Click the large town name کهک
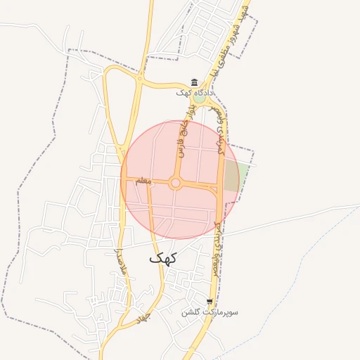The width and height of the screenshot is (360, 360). (163, 258)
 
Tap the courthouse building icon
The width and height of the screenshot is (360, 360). (195, 82)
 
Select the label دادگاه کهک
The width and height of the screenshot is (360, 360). (195, 92)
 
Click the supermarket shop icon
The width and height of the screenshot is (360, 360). (209, 301)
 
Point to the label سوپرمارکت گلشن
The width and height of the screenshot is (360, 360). (210, 311)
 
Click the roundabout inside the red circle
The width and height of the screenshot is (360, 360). (175, 184)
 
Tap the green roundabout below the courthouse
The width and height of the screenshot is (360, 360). (200, 98)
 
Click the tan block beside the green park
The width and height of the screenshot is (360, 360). (231, 176)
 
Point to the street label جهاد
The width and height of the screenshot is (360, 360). (144, 317)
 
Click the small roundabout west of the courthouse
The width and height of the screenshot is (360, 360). (140, 80)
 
